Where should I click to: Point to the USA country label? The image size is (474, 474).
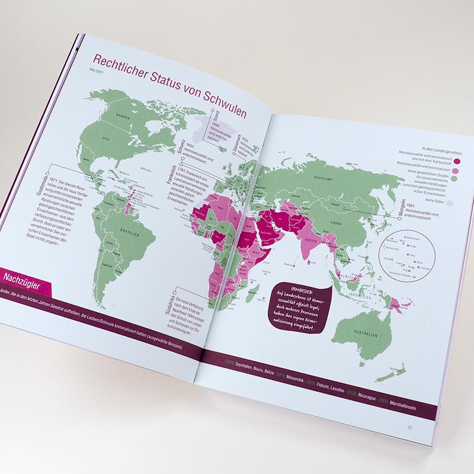107,139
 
